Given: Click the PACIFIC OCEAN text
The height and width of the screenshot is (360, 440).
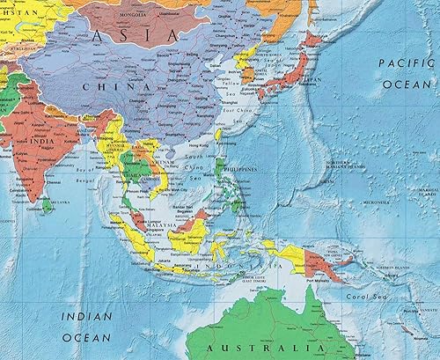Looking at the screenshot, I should click(407, 73).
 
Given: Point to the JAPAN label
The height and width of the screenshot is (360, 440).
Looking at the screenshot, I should click(311, 78).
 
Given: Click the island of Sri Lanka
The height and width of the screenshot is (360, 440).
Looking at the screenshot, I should click(46, 206).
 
